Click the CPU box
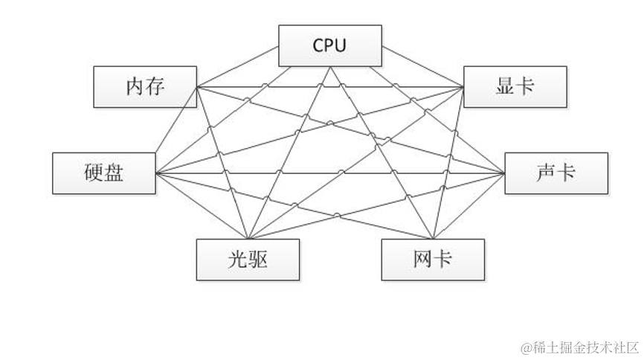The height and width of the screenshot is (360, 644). pyautogui.click(x=330, y=45)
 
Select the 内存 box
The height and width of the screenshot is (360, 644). pyautogui.click(x=145, y=86)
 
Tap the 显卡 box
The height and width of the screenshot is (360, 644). pyautogui.click(x=515, y=86)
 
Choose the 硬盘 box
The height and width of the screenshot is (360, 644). pyautogui.click(x=104, y=173)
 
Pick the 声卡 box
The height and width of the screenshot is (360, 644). pyautogui.click(x=556, y=173)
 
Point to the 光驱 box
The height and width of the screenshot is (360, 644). pyautogui.click(x=248, y=259)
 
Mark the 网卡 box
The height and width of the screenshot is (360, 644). pyautogui.click(x=433, y=259)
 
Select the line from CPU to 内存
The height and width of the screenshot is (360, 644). pyautogui.click(x=238, y=66)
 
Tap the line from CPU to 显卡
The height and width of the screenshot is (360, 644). pyautogui.click(x=422, y=66)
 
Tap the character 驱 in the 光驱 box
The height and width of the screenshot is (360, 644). pyautogui.click(x=259, y=259)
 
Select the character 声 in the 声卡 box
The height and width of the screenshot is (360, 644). pyautogui.click(x=544, y=173)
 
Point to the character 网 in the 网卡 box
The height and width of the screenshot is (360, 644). pyautogui.click(x=422, y=259)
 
